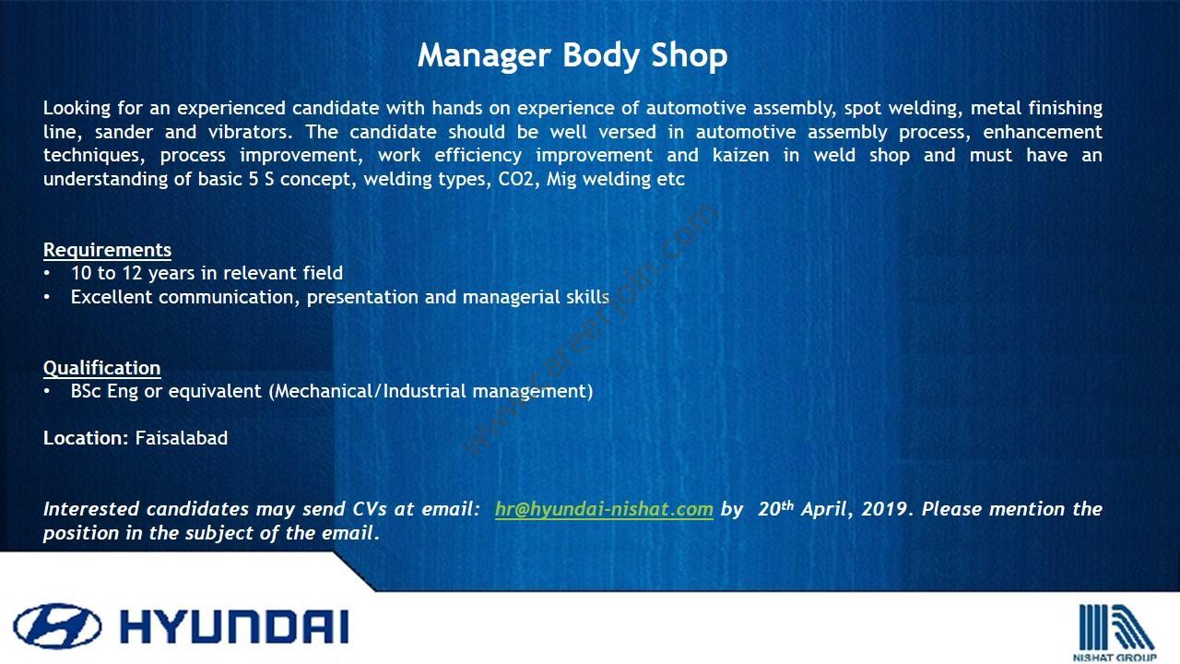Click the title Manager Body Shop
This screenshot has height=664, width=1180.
tap(572, 56)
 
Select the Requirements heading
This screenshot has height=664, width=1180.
tap(108, 250)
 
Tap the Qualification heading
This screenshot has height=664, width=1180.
tap(101, 368)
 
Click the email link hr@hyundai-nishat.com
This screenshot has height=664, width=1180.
tap(604, 509)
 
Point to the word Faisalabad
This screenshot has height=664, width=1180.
tap(182, 438)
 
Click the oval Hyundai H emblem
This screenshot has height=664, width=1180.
tap(57, 626)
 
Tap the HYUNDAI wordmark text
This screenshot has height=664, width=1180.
tap(235, 627)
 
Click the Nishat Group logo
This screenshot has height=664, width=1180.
tap(1115, 633)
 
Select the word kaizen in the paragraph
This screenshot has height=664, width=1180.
tap(740, 156)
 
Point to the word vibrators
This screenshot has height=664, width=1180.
tap(250, 132)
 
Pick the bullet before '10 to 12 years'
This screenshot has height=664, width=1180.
tap(47, 274)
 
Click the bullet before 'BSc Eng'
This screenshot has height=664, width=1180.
tap(47, 392)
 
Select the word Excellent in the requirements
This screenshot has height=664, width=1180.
tap(112, 297)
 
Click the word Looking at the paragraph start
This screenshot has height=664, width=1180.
tap(77, 109)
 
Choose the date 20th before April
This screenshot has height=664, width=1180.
tap(775, 508)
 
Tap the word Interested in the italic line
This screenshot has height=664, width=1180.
tap(91, 509)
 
